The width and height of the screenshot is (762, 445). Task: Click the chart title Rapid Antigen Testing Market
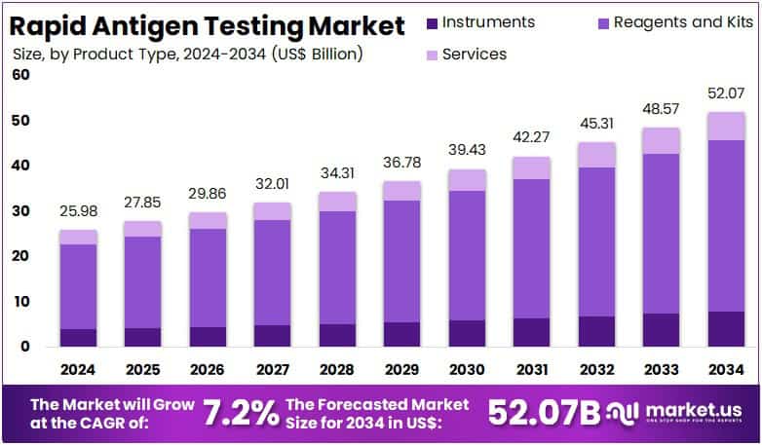click(x=204, y=24)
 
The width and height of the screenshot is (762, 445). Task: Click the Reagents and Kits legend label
click(x=671, y=21)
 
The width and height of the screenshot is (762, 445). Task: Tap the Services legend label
click(x=474, y=54)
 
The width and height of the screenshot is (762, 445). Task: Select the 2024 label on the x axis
click(x=78, y=370)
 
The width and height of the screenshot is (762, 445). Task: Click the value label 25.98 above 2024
click(x=78, y=210)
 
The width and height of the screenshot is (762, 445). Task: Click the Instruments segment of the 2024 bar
click(x=78, y=337)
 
